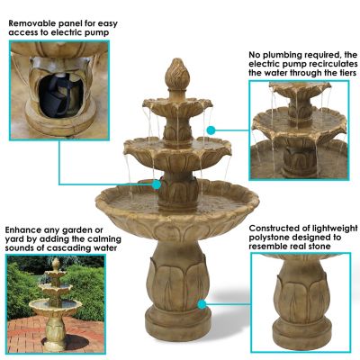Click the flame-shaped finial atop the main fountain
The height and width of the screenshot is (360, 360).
(177, 75)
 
